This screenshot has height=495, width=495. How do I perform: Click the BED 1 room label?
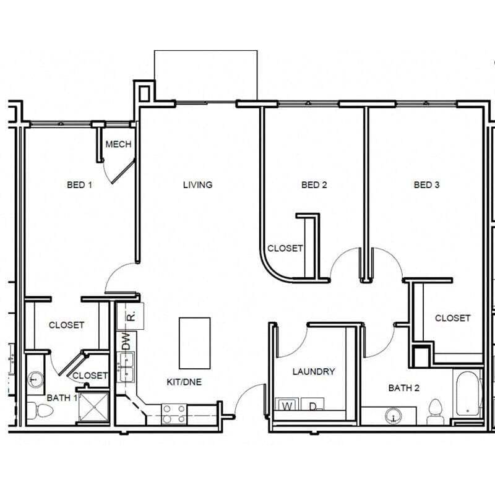[x=79, y=184]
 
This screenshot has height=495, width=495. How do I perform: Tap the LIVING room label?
[x=197, y=184]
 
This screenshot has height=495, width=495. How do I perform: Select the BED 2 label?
[x=314, y=184]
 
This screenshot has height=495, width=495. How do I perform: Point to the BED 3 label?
[x=426, y=184]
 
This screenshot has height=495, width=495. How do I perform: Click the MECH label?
[x=118, y=145]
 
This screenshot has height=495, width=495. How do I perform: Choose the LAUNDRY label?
[x=314, y=371]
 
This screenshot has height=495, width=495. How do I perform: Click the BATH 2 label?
[x=404, y=388]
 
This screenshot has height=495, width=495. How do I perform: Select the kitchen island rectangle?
[x=194, y=342]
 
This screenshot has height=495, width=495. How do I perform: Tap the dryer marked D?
[x=314, y=407]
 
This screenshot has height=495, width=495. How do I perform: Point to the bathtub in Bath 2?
[x=467, y=394]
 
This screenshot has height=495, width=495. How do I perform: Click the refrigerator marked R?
[x=131, y=316]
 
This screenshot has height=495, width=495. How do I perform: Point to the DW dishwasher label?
[x=126, y=341]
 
